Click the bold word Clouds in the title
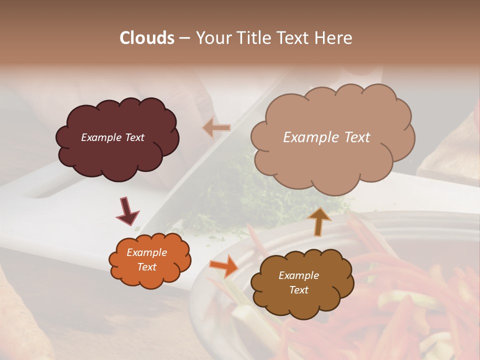pyautogui.click(x=147, y=38)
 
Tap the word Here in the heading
pyautogui.click(x=334, y=38)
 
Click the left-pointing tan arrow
pyautogui.click(x=216, y=128)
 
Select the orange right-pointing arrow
pyautogui.click(x=224, y=265)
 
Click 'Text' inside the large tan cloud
pyautogui.click(x=354, y=137)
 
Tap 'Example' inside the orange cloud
pyautogui.click(x=146, y=253)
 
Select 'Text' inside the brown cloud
pyautogui.click(x=298, y=290)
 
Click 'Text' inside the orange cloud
pyautogui.click(x=146, y=267)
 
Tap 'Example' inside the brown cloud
pyautogui.click(x=298, y=275)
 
